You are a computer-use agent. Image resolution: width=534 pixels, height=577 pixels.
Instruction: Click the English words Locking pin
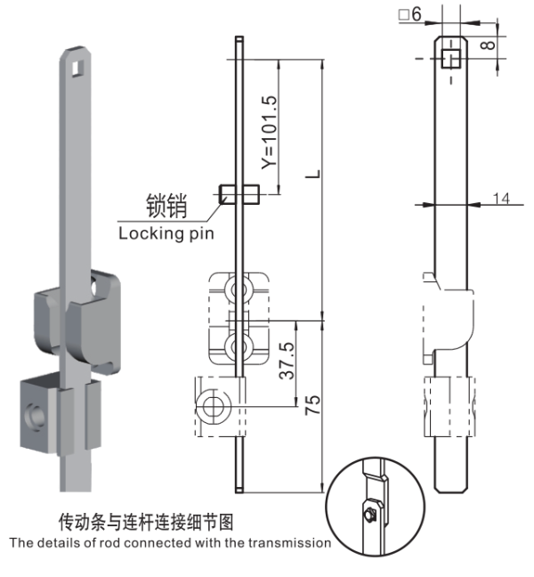tap(166, 233)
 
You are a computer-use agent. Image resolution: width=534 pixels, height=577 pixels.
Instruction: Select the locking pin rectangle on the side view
tap(239, 192)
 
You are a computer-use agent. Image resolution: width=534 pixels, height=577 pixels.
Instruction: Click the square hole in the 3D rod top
tap(79, 65)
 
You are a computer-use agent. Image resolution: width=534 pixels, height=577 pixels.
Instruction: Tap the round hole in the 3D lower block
tap(36, 414)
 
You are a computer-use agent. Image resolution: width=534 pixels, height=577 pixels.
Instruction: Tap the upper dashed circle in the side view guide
tap(238, 290)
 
